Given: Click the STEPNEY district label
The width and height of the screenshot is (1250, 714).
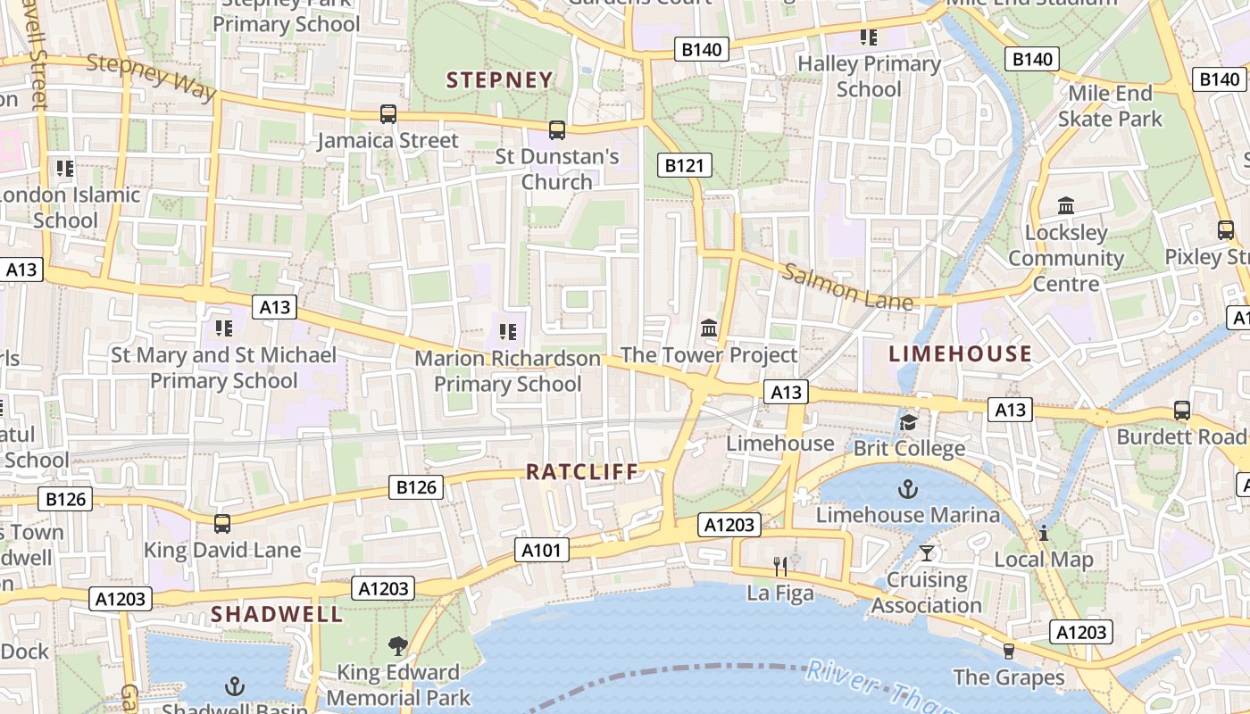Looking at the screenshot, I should point(500,80).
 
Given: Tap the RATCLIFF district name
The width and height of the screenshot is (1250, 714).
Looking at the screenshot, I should point(582,472).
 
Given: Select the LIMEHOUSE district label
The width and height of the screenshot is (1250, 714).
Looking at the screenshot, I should point(961,354).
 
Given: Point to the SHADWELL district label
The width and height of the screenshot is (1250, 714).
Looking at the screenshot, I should point(277,614).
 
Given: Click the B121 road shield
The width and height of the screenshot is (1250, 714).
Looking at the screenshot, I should point(685,164).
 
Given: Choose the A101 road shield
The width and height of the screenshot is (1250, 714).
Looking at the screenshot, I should point(542,550).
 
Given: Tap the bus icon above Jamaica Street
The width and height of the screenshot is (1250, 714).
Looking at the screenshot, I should point(388,114).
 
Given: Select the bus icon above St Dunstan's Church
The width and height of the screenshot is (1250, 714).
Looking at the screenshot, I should point(557,130).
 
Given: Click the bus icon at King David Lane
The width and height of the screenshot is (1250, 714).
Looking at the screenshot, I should point(222,524).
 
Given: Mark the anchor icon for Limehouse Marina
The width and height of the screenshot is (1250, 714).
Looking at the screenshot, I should point(908,489).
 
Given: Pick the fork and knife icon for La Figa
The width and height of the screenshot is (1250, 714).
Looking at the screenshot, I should point(781,566).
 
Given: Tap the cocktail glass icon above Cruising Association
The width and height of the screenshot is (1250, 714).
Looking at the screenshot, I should point(927,553).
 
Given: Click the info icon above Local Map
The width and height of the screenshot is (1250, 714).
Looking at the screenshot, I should point(1043,534).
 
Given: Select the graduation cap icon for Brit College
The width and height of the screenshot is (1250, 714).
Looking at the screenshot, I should point(909,422).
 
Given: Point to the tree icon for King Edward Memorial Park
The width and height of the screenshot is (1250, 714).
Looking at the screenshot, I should point(398,645).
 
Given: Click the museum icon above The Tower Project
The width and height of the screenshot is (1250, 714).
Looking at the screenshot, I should point(710,328).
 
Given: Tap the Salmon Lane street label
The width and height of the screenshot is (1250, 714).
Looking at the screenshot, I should point(847,286).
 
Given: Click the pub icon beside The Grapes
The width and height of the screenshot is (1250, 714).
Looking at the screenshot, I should point(1009,651).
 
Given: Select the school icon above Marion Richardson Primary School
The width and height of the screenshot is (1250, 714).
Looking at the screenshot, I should point(508,332).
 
